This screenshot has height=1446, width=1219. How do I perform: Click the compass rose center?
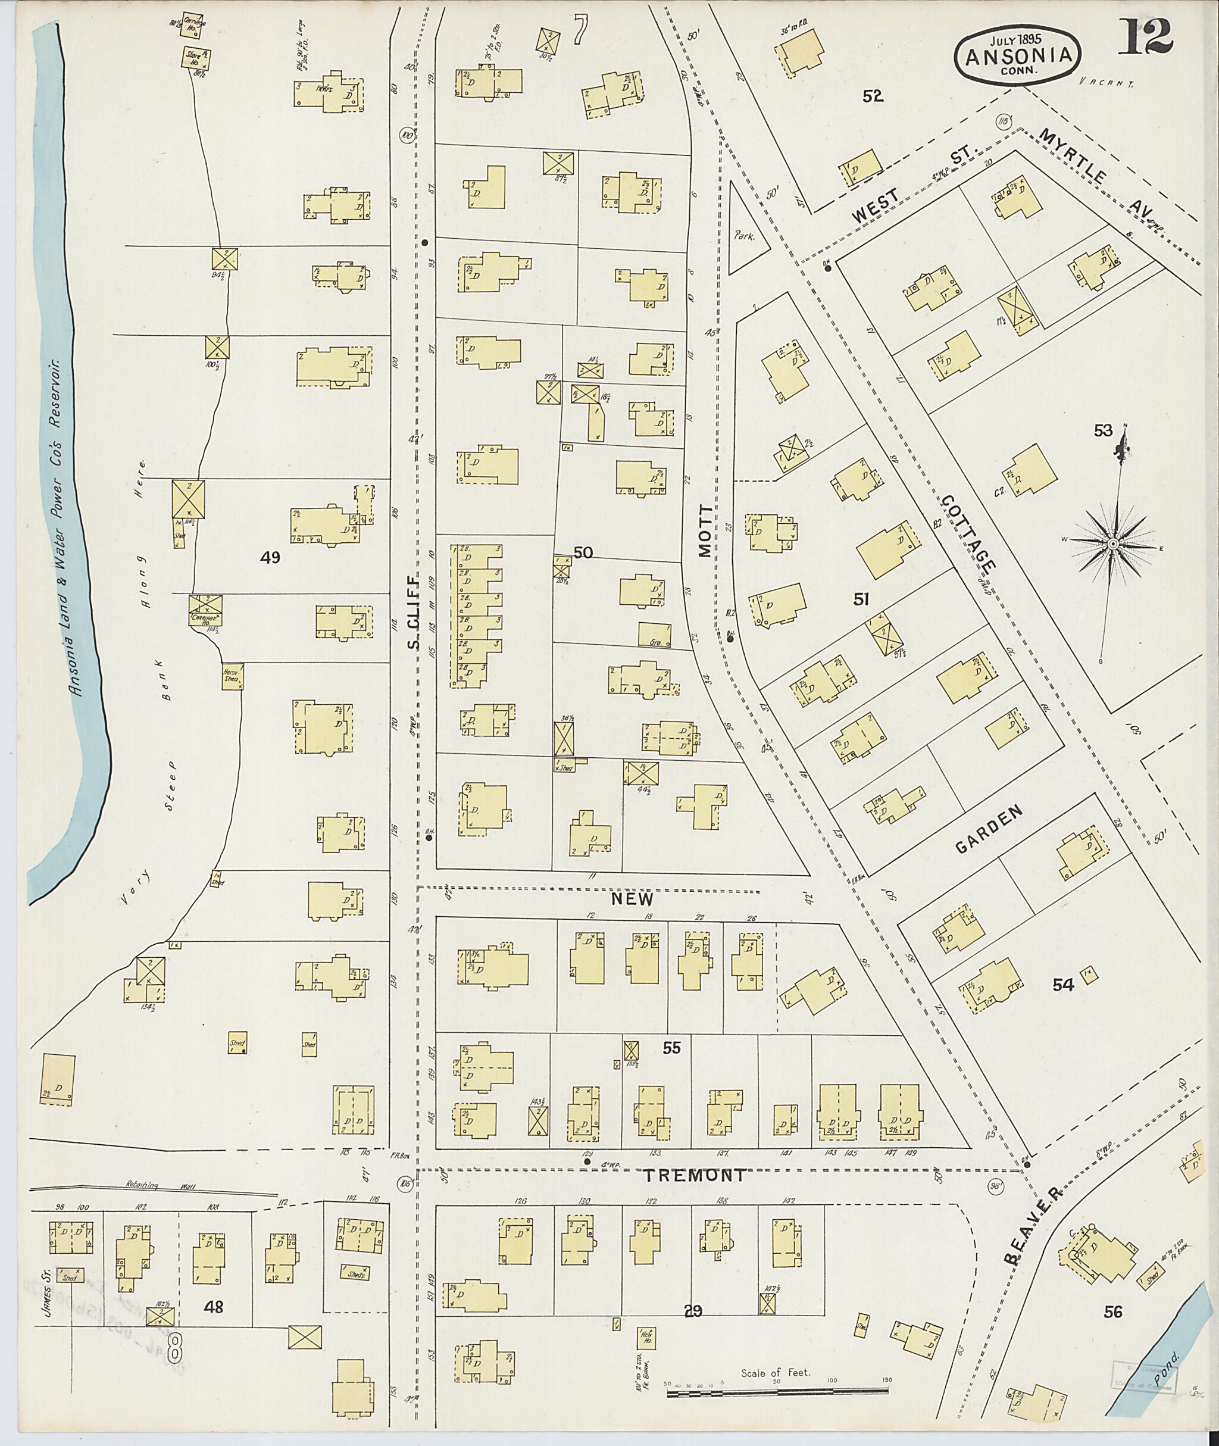(1113, 545)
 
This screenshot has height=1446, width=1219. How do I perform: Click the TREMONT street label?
(695, 1175)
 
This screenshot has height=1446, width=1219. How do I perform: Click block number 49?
(270, 557)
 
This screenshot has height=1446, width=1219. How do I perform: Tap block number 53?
(1103, 430)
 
